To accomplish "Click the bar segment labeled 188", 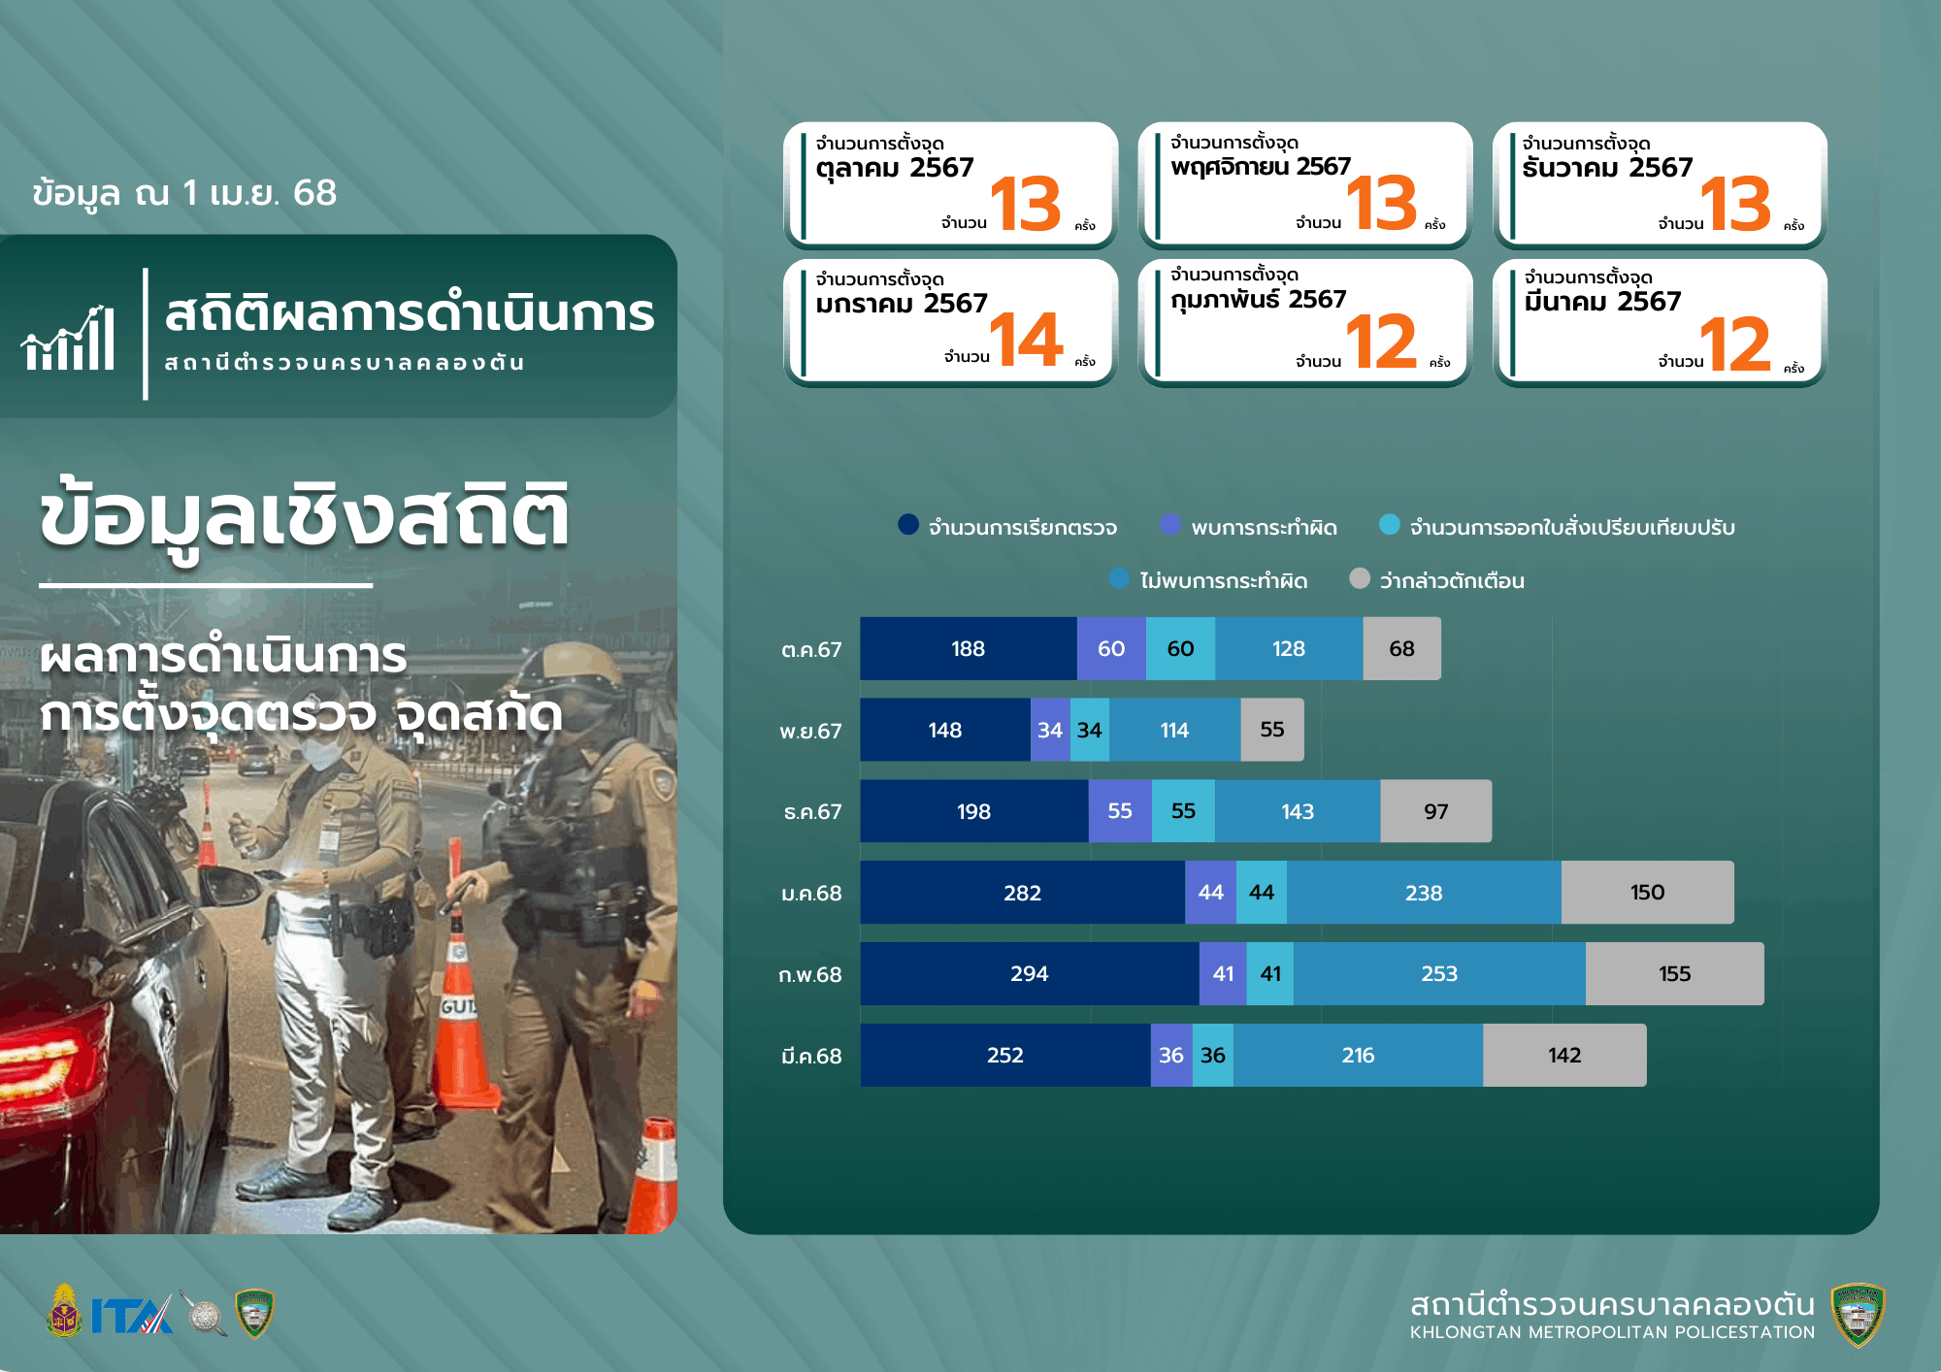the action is pyautogui.click(x=969, y=648).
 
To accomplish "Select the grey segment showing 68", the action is pyautogui.click(x=1401, y=648).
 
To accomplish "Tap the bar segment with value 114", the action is pyautogui.click(x=1174, y=730).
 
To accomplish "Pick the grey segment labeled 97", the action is pyautogui.click(x=1435, y=811).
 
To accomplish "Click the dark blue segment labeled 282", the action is pyautogui.click(x=1023, y=893).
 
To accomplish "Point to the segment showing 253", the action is pyautogui.click(x=1439, y=973).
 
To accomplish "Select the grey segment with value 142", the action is pyautogui.click(x=1564, y=1055).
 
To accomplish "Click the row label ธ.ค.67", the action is pyautogui.click(x=812, y=812).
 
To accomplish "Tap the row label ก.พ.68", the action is pyautogui.click(x=810, y=975).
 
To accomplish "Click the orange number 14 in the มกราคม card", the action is pyautogui.click(x=1026, y=340).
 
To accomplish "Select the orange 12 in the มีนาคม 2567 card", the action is pyautogui.click(x=1736, y=343).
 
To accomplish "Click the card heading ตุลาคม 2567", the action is pyautogui.click(x=894, y=168).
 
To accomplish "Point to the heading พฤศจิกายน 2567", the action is pyautogui.click(x=1260, y=167).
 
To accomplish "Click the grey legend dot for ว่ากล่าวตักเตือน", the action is pyautogui.click(x=1360, y=578).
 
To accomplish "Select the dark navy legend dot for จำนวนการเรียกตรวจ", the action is pyautogui.click(x=908, y=524).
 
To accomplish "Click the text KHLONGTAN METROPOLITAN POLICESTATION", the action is pyautogui.click(x=1612, y=1332).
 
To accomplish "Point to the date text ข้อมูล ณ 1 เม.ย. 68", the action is pyautogui.click(x=184, y=193).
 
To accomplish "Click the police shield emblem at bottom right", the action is pyautogui.click(x=1858, y=1315).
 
